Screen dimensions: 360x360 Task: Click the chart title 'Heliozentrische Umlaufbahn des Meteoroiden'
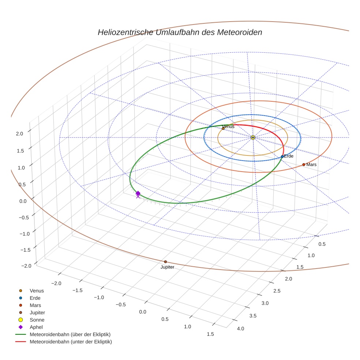180,32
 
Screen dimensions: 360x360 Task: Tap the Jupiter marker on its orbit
165,262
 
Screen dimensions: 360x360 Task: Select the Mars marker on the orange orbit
304,165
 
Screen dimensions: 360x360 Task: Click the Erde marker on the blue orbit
282,157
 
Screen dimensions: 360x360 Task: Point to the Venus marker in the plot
223,128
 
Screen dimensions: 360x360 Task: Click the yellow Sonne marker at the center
253,137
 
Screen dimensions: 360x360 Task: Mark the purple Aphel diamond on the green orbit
138,193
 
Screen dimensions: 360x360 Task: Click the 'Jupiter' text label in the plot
167,267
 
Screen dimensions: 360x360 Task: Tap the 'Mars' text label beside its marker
312,165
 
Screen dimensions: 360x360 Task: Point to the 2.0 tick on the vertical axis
19,134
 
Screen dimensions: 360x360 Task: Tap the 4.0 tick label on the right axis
240,328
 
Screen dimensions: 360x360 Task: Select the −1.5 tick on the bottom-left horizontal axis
77,290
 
